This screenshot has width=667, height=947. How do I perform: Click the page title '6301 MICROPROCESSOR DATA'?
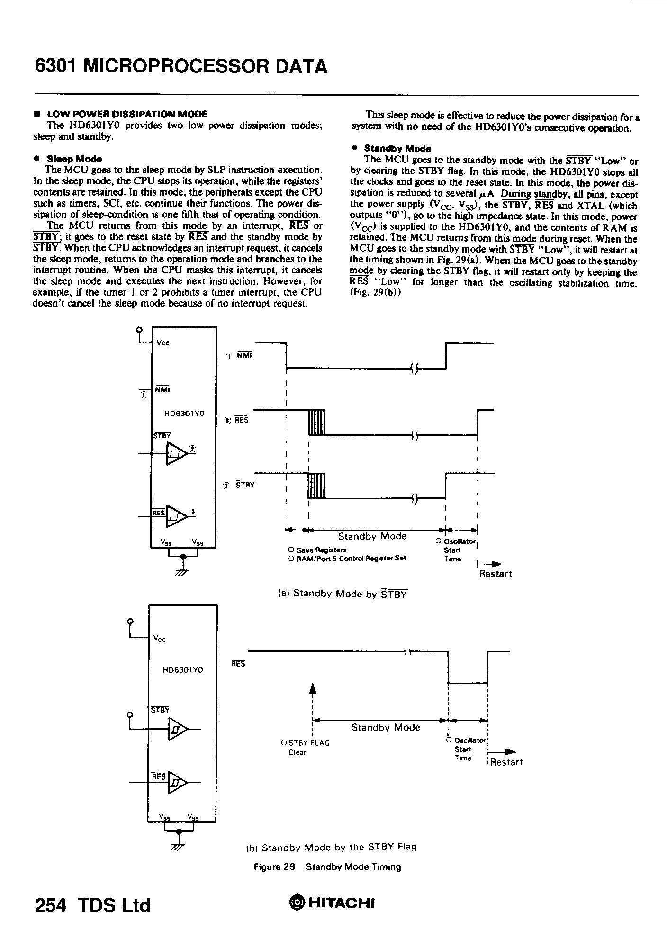[x=181, y=66]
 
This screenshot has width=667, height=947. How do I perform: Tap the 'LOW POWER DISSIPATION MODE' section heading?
[x=127, y=114]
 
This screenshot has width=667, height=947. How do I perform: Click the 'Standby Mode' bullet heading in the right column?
[x=397, y=148]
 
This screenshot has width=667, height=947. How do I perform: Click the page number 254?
[x=52, y=905]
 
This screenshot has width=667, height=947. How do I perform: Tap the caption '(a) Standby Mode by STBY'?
[x=343, y=594]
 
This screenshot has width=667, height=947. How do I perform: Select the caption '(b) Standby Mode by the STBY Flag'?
[x=332, y=847]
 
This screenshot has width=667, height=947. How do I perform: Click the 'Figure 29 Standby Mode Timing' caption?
[x=327, y=867]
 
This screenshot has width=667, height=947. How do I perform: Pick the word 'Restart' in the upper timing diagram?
[x=495, y=574]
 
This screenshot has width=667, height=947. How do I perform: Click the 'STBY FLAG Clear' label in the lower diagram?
[x=305, y=747]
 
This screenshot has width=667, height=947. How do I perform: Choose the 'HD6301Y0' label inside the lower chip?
[x=183, y=670]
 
